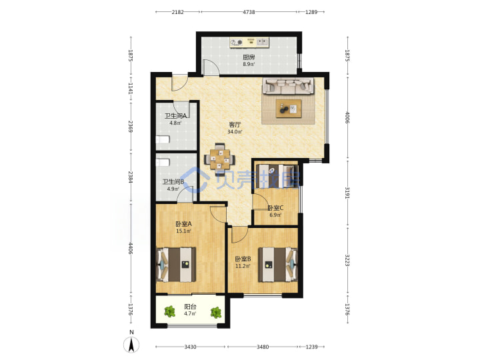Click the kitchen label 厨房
coord(249,57)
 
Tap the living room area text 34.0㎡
coord(235,132)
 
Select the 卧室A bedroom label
coord(184,224)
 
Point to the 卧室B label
coord(243,259)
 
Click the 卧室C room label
coord(275,208)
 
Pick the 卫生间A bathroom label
coord(176,116)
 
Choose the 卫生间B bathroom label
coord(173,182)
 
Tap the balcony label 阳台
coord(190,307)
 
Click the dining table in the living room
coord(220,159)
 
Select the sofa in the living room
coord(288,85)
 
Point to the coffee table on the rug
coord(289,109)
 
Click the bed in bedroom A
coord(176,265)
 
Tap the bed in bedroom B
coord(278,265)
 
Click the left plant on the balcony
coord(169,312)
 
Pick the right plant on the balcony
coord(216,312)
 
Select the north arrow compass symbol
coord(131,345)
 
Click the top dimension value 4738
coord(249,12)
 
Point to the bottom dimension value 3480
coord(263,347)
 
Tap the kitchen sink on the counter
coord(262,41)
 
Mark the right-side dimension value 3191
coord(347,193)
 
